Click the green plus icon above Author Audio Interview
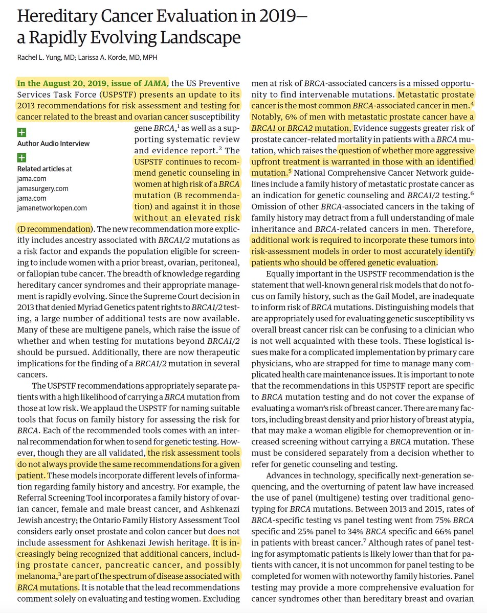tap(21, 133)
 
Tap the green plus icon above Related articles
tap(21, 158)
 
